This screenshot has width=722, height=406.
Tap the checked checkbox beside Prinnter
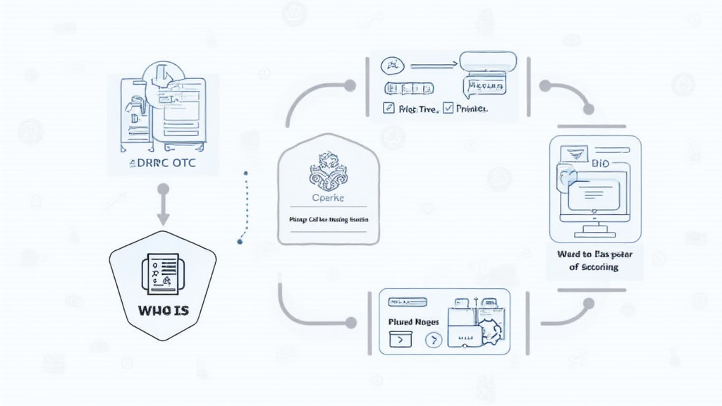[447, 109]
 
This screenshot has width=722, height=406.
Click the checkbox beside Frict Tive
[386, 109]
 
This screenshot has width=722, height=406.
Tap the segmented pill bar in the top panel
[408, 89]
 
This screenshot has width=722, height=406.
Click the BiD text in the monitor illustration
[601, 164]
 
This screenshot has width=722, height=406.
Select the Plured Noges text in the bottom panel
[414, 321]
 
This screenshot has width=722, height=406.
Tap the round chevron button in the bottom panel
[432, 340]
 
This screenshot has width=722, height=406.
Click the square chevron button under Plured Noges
[398, 340]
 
